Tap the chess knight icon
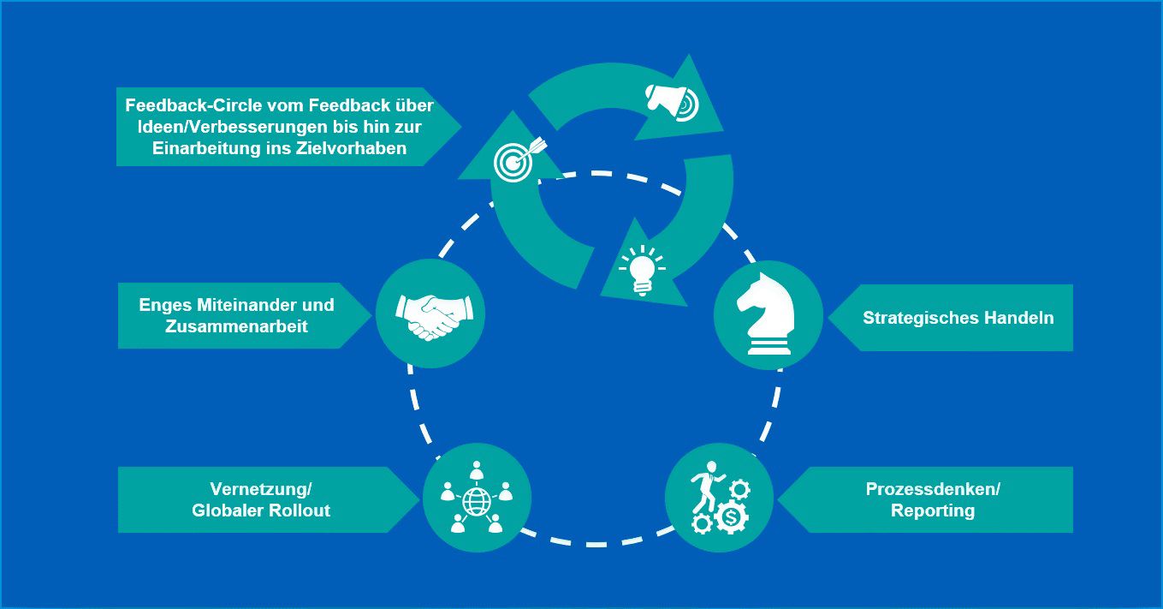pos(767,314)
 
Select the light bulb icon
pos(642,269)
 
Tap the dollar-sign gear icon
pos(731,517)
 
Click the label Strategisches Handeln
pos(958,318)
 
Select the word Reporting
pos(933,511)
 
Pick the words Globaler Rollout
pos(261,511)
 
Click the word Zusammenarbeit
pos(236,326)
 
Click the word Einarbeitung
pos(196,149)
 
